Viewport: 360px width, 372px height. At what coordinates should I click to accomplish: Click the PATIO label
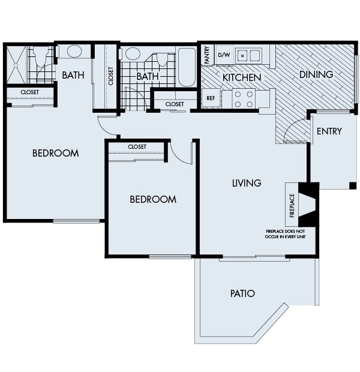242,293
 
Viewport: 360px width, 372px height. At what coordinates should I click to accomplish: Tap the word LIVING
247,183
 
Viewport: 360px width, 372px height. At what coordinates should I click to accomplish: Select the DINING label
316,74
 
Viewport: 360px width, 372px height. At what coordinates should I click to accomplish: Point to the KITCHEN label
241,77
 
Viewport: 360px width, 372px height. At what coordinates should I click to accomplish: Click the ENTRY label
329,131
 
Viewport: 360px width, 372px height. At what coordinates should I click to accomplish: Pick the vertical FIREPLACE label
292,205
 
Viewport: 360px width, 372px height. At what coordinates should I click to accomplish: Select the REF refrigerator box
211,98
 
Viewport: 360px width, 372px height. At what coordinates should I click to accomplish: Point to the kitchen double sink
248,56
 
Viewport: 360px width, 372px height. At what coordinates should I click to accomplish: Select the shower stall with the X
16,64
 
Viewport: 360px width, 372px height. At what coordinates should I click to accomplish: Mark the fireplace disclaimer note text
285,233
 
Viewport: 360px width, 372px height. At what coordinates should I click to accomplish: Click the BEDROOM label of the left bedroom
55,153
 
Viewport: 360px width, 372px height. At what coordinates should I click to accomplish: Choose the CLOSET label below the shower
30,92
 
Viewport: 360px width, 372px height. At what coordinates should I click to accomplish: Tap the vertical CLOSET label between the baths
111,76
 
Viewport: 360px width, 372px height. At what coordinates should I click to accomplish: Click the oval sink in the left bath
74,52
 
